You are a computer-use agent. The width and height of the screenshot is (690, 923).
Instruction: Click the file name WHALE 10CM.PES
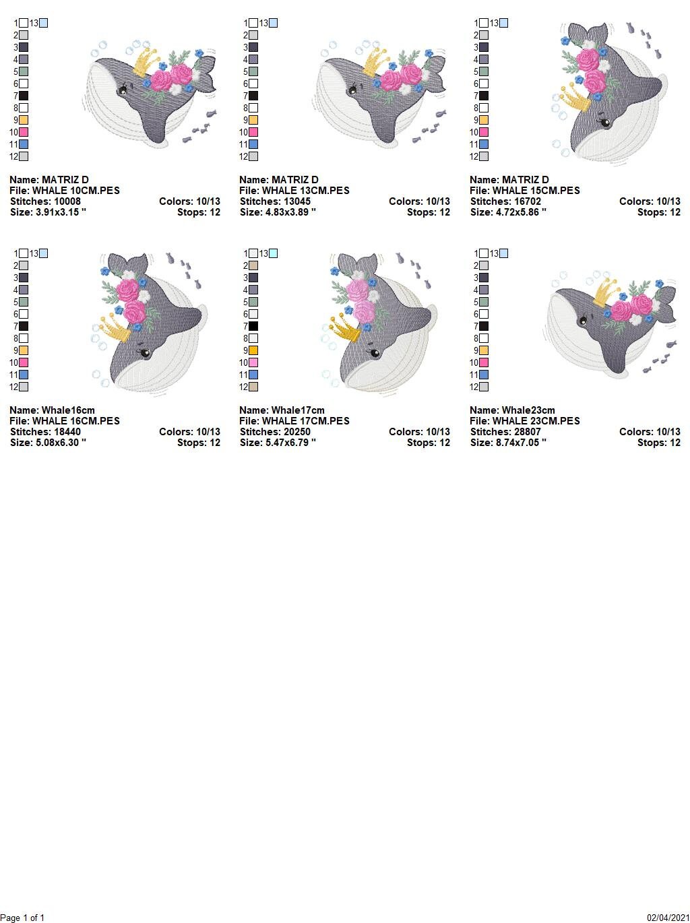coord(75,191)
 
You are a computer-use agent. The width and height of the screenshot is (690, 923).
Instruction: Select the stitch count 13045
coord(293,201)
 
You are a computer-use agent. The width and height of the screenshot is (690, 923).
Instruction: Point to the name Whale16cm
coord(68,410)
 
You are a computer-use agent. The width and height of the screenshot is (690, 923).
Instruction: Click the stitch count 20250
coord(293,432)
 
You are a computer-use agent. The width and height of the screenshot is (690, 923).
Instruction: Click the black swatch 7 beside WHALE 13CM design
coord(253,96)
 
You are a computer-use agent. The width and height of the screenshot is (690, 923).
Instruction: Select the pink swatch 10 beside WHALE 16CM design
coord(24,362)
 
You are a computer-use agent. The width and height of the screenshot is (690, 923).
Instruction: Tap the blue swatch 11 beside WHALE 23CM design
coord(484,375)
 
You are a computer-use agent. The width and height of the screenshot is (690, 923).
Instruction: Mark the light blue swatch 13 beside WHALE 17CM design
coord(273,253)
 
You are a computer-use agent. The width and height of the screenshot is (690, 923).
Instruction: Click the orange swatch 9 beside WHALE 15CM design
coord(484,120)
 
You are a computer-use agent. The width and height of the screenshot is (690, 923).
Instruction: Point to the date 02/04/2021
coord(668,918)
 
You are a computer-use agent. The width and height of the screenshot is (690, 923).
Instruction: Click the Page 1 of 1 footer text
coord(23,918)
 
